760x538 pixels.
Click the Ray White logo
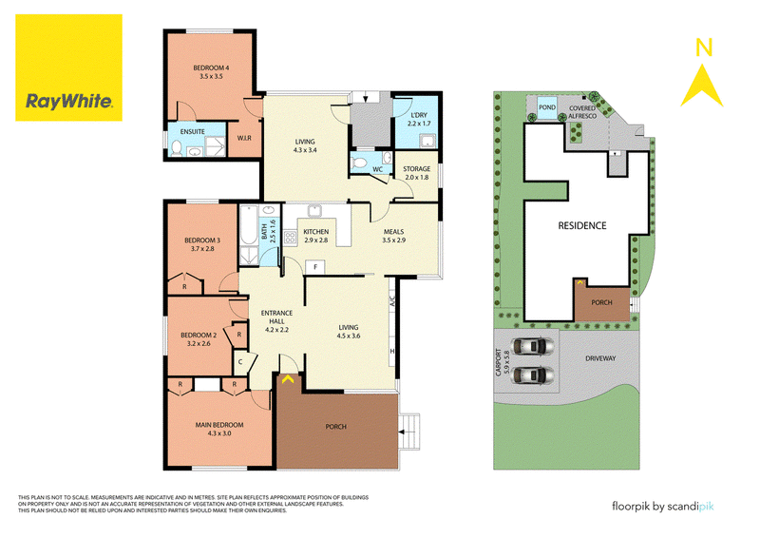pos(68,67)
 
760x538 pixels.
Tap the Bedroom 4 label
pos(211,72)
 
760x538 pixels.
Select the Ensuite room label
pos(193,131)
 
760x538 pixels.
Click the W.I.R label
pos(244,138)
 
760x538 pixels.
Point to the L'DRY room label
pos(419,115)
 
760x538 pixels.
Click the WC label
pos(377,169)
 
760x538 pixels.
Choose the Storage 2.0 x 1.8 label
pos(417,173)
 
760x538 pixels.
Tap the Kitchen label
pos(316,232)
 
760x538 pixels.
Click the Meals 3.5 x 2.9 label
pos(393,236)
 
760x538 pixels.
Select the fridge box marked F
pos(315,267)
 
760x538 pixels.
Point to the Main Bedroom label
pos(219,425)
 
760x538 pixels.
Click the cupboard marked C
pos(240,362)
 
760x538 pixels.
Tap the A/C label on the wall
pos(392,300)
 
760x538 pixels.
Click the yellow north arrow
pos(702,86)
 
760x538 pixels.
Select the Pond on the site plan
pos(547,107)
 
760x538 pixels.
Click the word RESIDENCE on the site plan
pos(582,225)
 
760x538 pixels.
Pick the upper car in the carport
pos(533,346)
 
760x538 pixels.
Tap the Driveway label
pos(600,358)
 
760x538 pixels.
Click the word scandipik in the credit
pos(691,507)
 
